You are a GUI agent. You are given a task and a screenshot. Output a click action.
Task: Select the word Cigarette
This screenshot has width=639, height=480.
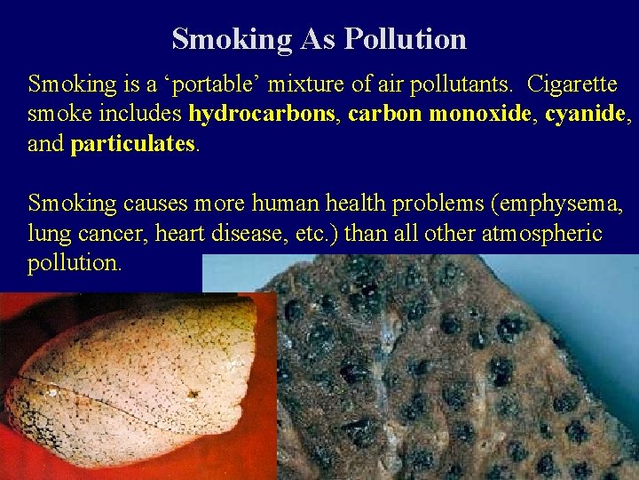point(572,85)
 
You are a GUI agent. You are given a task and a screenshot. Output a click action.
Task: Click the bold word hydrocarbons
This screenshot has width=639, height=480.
point(261,115)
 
